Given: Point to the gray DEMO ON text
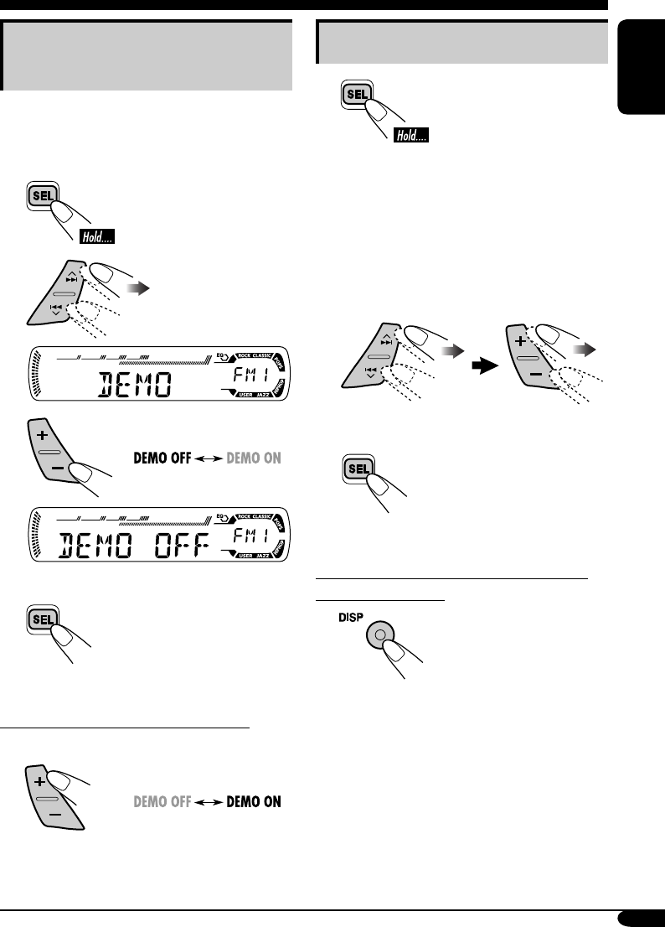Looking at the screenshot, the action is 253,458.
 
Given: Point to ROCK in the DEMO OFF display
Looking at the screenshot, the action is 247,516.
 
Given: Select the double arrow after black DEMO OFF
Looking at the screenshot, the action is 207,458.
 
